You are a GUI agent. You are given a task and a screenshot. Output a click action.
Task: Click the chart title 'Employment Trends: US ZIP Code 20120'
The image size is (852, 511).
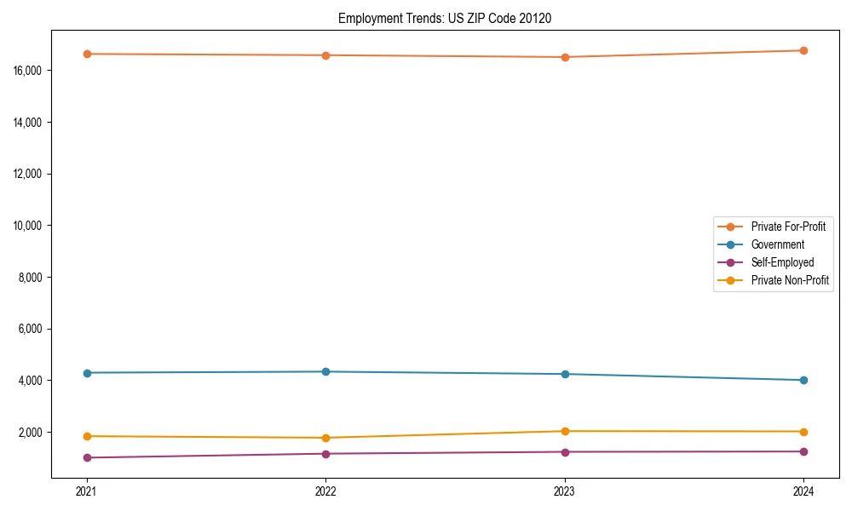point(445,19)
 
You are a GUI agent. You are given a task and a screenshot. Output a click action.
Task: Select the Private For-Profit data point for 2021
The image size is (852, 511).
point(87,54)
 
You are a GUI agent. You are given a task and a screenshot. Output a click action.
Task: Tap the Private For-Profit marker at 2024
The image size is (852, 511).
point(803,50)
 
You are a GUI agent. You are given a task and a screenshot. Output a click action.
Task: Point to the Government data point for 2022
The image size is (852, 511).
point(325,371)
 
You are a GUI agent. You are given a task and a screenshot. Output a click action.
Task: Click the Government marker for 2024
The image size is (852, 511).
point(803,380)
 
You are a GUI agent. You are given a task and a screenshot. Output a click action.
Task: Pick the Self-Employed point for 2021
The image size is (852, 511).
point(87,457)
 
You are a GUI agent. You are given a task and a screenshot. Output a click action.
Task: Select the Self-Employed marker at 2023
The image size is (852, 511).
point(565,451)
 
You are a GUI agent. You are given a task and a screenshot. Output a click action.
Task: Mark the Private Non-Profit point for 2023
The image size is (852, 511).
point(565,431)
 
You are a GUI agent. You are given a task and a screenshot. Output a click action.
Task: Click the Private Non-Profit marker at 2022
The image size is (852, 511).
point(325,438)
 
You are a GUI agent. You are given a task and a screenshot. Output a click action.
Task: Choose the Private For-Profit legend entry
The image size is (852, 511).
point(788,227)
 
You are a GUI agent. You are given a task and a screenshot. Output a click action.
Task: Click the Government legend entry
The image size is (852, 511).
point(778,244)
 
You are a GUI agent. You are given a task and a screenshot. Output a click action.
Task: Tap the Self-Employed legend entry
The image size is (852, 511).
point(782,262)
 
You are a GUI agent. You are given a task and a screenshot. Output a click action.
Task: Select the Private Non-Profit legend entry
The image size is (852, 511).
point(790,280)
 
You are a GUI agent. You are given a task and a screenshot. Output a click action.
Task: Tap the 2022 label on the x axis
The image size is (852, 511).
point(325,491)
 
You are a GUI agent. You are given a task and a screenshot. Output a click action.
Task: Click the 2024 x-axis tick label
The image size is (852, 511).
point(803,491)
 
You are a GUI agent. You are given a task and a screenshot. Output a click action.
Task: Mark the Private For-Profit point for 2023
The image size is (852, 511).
point(565,57)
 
